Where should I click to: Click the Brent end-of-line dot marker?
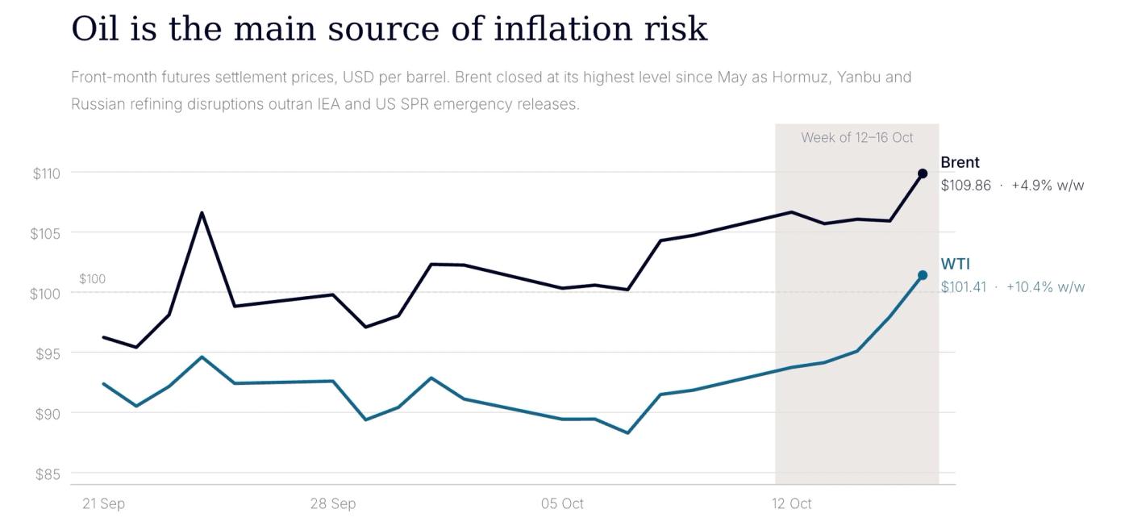click(x=923, y=173)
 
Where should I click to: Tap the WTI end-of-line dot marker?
click(x=923, y=275)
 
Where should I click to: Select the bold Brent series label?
click(x=960, y=162)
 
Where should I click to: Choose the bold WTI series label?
click(x=955, y=264)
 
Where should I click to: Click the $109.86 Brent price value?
click(x=966, y=186)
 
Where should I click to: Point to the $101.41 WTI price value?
click(x=963, y=287)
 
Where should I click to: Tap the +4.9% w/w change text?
click(x=1048, y=186)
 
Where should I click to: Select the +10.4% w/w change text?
click(x=1045, y=287)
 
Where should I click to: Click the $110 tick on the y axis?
click(x=47, y=173)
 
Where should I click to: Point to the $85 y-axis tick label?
click(x=48, y=474)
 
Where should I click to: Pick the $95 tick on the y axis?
click(x=48, y=354)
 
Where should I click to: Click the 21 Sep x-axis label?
click(x=103, y=503)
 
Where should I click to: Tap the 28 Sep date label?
click(x=332, y=503)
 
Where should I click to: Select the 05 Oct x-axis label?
click(x=562, y=503)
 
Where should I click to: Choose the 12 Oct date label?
click(x=791, y=503)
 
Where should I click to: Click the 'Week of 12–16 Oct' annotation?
click(x=856, y=138)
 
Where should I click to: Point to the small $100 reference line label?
click(x=92, y=279)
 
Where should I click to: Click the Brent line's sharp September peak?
click(x=202, y=213)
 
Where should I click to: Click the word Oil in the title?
click(x=95, y=28)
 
